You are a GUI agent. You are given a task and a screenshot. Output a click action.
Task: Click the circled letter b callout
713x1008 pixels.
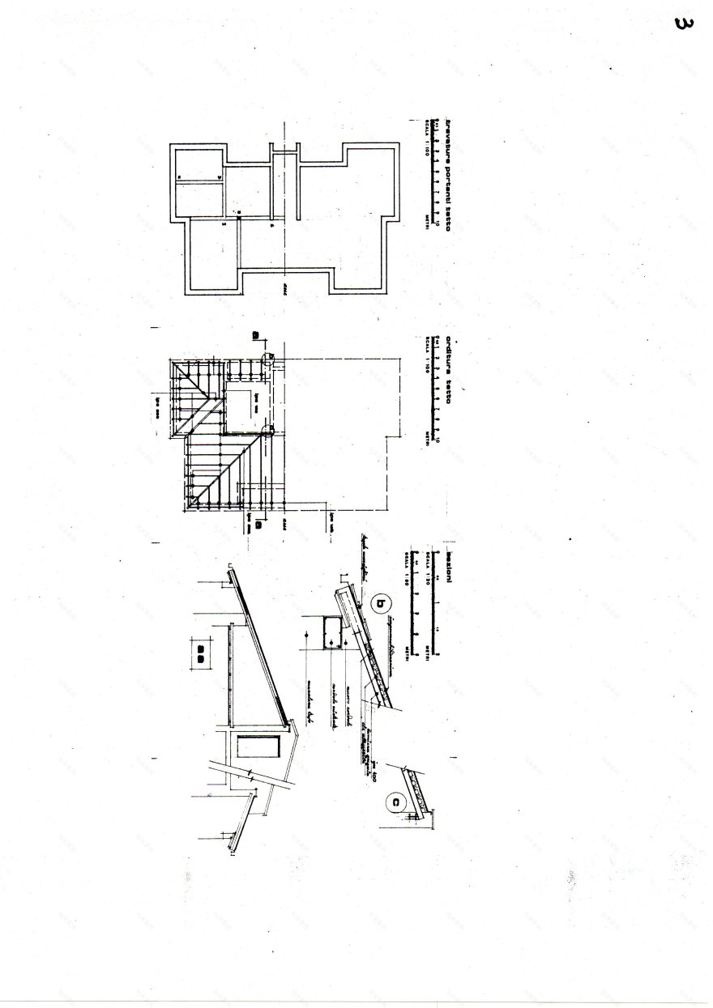tap(382, 602)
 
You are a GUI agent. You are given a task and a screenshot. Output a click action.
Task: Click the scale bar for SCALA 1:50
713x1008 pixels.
tap(414, 604)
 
